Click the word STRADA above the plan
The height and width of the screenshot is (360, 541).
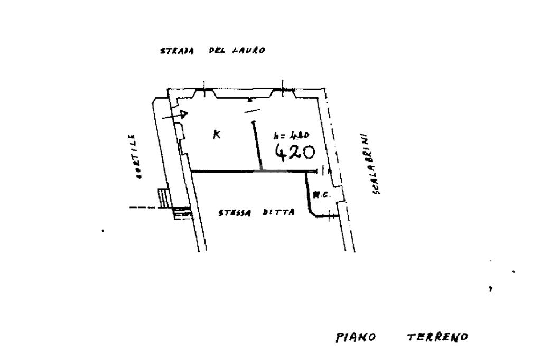coord(176,51)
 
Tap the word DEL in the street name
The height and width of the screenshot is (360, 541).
coord(216,51)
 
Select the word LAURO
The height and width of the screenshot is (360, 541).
coord(248,51)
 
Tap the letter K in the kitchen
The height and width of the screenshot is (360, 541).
coord(217,135)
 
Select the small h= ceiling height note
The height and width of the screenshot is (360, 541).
coord(287,135)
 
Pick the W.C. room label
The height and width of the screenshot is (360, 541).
coord(321,194)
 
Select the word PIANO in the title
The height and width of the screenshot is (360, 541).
coord(356,337)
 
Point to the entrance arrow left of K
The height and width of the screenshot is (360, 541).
coord(176,115)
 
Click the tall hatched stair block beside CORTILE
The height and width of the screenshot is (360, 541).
coord(164,198)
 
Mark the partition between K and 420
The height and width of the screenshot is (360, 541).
coord(257,145)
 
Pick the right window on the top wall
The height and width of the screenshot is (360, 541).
coord(283,92)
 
